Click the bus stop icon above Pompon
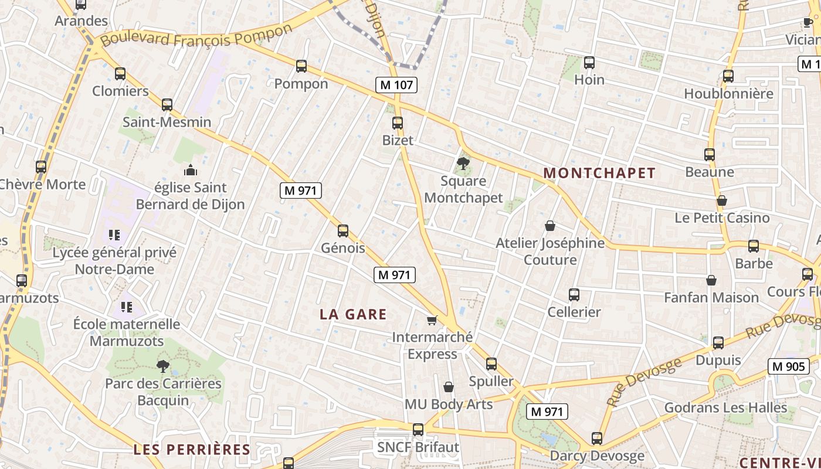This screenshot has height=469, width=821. pos(301,66)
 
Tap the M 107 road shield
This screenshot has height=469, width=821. pos(397,85)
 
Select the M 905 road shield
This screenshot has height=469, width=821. pos(789,366)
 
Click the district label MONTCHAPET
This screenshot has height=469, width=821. pos(599,173)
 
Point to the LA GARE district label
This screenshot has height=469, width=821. pos(353,314)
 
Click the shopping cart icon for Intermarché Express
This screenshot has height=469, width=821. pos(432,320)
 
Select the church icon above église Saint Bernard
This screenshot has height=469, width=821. pos(190,170)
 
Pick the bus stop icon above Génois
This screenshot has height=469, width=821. pos(343,231)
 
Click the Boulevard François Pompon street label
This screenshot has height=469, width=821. pos(196,35)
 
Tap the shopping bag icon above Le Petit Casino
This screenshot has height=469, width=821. pos(722,200)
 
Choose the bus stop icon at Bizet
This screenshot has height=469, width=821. pos(398,123)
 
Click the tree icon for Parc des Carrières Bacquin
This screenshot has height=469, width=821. pos(163,366)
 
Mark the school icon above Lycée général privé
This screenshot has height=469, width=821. pos(114,235)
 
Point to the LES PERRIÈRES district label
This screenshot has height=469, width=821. pos(192,450)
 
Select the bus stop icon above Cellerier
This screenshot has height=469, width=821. pos(574,295)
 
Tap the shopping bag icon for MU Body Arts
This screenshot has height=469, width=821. pos(449,387)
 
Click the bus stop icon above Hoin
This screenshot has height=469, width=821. pos(589,62)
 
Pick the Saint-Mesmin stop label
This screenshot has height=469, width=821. pos(167,123)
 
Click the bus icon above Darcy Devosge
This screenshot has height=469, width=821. pos(597,438)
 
